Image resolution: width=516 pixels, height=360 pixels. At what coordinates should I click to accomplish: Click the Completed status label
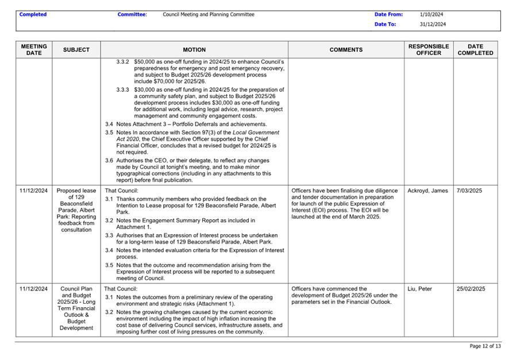[x=33, y=14]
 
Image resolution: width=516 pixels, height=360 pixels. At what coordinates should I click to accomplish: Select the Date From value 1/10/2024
[x=432, y=14]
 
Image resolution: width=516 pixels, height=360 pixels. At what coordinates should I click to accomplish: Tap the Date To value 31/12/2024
[x=433, y=25]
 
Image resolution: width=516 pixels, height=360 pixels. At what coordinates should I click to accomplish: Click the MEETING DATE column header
[x=34, y=49]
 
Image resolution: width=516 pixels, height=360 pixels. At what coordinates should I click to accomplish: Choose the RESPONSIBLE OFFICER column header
[x=429, y=49]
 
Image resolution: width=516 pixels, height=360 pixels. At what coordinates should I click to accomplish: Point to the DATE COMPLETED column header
[x=475, y=49]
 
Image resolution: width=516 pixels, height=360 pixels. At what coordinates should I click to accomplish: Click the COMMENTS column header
[x=346, y=50]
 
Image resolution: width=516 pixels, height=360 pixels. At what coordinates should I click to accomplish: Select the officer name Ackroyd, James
[x=428, y=191]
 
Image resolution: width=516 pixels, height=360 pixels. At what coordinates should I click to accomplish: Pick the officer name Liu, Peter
[x=420, y=289]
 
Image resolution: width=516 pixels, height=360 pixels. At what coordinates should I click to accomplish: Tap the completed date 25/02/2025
[x=471, y=289]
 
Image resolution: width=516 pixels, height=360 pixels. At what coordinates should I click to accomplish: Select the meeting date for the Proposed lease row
[x=33, y=191]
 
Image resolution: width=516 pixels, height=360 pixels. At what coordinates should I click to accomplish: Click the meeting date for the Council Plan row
[x=33, y=289]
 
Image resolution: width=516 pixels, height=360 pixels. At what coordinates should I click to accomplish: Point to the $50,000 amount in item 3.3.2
[x=145, y=61]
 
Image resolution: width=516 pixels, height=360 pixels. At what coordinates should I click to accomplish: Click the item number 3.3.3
[x=123, y=90]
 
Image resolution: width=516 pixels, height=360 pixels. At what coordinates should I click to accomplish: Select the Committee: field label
[x=132, y=14]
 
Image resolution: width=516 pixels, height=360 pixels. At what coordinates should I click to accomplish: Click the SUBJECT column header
[x=76, y=50]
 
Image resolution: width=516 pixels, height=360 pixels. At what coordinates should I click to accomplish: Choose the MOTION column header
[x=194, y=50]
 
